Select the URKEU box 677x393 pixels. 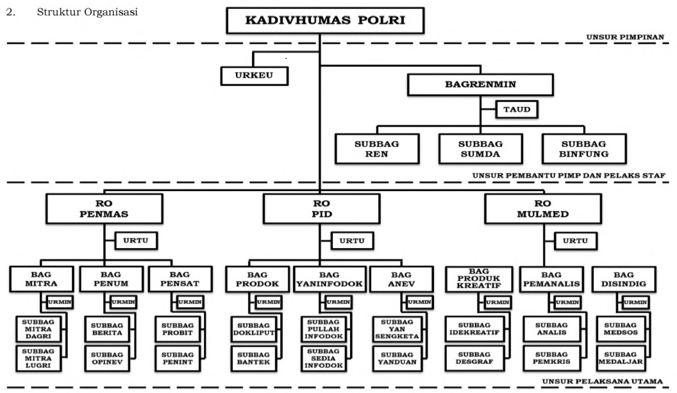coord(254,76)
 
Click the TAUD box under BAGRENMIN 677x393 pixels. coord(515,110)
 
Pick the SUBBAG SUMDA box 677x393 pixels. coord(480,149)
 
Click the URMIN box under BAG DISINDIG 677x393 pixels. coord(635,301)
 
